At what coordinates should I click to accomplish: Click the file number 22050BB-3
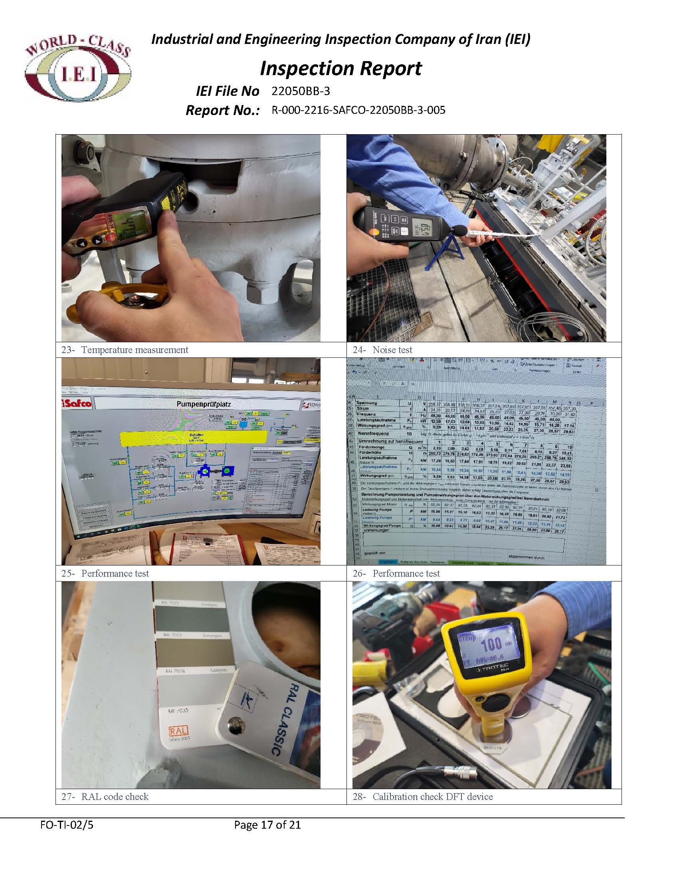pos(301,91)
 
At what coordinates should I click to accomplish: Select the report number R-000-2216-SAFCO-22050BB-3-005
pos(358,110)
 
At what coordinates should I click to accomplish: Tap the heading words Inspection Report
pos(341,68)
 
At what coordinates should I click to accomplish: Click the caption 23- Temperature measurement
pos(125,350)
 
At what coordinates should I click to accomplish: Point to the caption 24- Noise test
pos(382,350)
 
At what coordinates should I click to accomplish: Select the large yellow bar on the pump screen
pos(194,438)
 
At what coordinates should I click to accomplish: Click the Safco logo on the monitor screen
pos(76,403)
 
